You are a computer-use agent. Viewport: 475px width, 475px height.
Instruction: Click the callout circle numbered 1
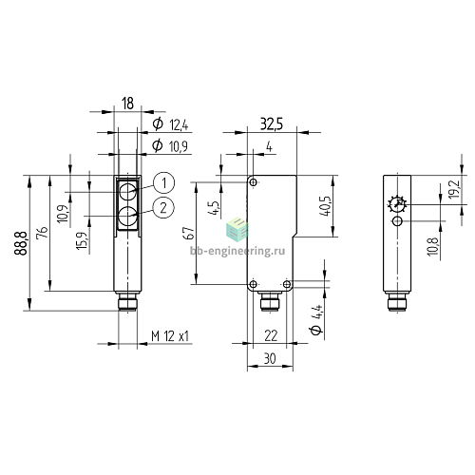pyautogui.click(x=163, y=183)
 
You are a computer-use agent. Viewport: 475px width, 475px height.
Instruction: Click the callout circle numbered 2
pyautogui.click(x=163, y=208)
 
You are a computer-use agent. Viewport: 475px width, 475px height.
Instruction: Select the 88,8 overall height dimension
pyautogui.click(x=20, y=243)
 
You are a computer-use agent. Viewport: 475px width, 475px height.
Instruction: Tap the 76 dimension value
pyautogui.click(x=43, y=232)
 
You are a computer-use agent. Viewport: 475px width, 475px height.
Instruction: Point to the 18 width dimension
pyautogui.click(x=127, y=104)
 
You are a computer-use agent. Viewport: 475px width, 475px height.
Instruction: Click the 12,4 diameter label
pyautogui.click(x=179, y=124)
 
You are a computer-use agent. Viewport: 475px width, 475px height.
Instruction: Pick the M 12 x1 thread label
pyautogui.click(x=170, y=336)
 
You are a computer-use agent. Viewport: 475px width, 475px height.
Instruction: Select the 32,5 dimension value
pyautogui.click(x=272, y=124)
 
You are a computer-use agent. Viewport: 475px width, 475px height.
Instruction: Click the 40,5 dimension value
pyautogui.click(x=325, y=206)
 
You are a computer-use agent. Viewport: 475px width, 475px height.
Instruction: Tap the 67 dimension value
pyautogui.click(x=188, y=233)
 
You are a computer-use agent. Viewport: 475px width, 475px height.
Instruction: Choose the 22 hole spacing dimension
pyautogui.click(x=271, y=335)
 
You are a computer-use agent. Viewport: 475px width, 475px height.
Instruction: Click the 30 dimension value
pyautogui.click(x=270, y=359)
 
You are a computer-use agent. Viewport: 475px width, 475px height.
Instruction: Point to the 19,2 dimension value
pyautogui.click(x=454, y=189)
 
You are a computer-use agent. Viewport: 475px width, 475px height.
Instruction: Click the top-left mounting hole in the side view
pyautogui.click(x=254, y=182)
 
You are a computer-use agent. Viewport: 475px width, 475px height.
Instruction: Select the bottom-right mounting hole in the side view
pyautogui.click(x=287, y=284)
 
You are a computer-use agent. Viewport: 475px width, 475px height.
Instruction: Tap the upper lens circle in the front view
pyautogui.click(x=128, y=192)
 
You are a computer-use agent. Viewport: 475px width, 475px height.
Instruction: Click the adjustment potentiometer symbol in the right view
pyautogui.click(x=397, y=205)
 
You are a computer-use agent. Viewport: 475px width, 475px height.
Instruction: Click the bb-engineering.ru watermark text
pyautogui.click(x=237, y=251)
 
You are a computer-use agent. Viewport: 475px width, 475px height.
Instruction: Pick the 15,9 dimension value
pyautogui.click(x=82, y=240)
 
